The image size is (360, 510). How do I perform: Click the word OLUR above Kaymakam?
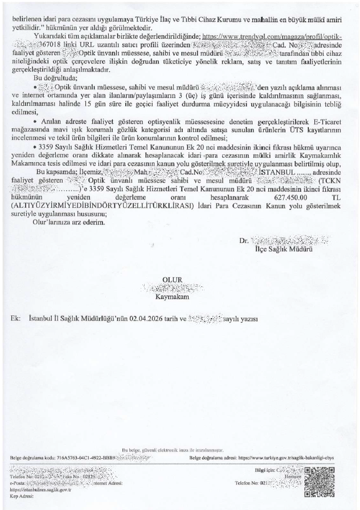(172, 279)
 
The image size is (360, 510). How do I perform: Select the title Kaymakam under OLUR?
(172, 297)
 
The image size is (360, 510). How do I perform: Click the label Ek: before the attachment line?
(15, 319)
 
